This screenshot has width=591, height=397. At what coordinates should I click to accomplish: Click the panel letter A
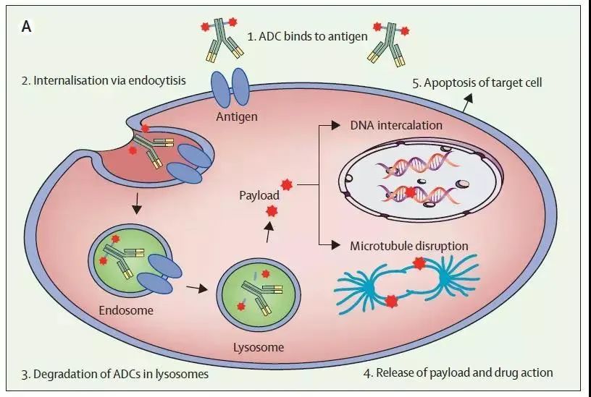pyautogui.click(x=26, y=27)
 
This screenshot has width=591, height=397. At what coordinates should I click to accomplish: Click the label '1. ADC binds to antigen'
pyautogui.click(x=307, y=36)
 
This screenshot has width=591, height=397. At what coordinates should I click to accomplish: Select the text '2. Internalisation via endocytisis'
pyautogui.click(x=104, y=80)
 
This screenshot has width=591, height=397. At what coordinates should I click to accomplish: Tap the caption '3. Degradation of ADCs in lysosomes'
pyautogui.click(x=114, y=374)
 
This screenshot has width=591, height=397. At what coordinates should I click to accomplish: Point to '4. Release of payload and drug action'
pyautogui.click(x=458, y=372)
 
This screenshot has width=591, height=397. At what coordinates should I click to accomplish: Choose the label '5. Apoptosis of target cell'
pyautogui.click(x=477, y=82)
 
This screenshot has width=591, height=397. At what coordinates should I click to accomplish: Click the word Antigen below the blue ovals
pyautogui.click(x=237, y=116)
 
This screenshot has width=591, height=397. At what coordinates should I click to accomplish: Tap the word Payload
pyautogui.click(x=259, y=195)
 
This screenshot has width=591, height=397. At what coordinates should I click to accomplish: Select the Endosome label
pyautogui.click(x=126, y=310)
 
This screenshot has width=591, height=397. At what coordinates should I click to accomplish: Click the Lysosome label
pyautogui.click(x=259, y=346)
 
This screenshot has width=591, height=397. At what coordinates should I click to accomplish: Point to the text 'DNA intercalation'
pyautogui.click(x=396, y=125)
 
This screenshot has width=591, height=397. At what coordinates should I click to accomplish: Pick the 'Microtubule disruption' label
pyautogui.click(x=409, y=246)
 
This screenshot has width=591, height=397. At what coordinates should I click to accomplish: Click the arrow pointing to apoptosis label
pyautogui.click(x=467, y=103)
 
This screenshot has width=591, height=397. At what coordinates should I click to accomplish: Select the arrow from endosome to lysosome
pyautogui.click(x=197, y=288)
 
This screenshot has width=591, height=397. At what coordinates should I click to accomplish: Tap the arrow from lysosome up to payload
pyautogui.click(x=269, y=231)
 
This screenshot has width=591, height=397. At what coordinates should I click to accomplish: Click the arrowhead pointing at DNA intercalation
pyautogui.click(x=336, y=125)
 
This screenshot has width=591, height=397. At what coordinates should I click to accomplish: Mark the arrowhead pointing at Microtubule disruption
pyautogui.click(x=336, y=245)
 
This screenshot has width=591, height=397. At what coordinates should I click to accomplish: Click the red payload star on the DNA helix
pyautogui.click(x=410, y=192)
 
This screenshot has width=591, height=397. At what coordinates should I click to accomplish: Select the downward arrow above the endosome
pyautogui.click(x=137, y=204)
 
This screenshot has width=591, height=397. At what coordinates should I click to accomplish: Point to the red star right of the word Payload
pyautogui.click(x=287, y=184)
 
